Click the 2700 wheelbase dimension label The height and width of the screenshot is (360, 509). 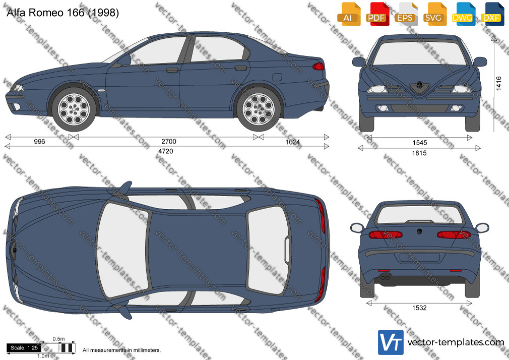click(169, 141)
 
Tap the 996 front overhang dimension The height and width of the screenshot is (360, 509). click(39, 141)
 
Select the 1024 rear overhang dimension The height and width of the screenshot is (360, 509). click(292, 142)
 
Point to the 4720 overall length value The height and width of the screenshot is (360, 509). click(166, 151)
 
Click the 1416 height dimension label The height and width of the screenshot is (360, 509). click(498, 84)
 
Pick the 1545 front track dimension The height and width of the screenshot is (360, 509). click(419, 143)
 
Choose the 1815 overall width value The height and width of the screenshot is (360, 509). click(419, 153)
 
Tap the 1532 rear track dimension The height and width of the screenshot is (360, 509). click(419, 308)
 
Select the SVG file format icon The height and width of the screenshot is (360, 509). click(434, 15)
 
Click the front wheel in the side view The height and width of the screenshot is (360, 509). click(74, 109)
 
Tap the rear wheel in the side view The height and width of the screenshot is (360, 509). click(259, 109)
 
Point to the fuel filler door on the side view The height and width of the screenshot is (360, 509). click(277, 77)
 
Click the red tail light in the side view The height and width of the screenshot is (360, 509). click(318, 66)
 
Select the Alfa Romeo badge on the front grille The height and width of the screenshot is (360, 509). click(419, 85)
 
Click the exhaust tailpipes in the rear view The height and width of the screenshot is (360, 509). click(385, 278)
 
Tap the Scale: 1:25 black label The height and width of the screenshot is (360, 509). click(24, 348)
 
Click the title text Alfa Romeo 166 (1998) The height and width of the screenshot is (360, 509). click(62, 13)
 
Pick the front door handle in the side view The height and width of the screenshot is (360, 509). click(172, 70)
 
